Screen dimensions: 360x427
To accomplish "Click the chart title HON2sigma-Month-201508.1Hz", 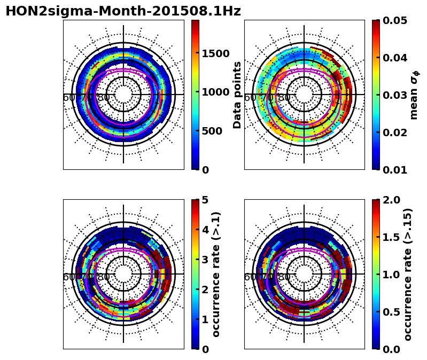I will [x=123, y=11].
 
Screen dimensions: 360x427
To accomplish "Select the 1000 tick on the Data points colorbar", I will [x=215, y=92].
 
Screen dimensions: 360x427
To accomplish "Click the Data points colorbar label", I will [x=237, y=95].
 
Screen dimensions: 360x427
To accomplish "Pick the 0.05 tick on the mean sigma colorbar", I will [x=396, y=20].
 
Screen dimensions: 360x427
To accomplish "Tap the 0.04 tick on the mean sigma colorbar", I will [x=396, y=58].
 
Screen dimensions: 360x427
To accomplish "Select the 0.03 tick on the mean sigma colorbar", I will [x=396, y=95].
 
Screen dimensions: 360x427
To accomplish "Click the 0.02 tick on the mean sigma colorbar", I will [x=396, y=132].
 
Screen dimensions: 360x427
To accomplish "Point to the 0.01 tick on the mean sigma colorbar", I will [x=396, y=170].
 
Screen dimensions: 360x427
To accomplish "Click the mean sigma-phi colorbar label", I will [x=414, y=95].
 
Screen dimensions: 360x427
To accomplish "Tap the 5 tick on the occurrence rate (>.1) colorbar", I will [x=205, y=200].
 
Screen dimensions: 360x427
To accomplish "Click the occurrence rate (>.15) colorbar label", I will [x=409, y=274].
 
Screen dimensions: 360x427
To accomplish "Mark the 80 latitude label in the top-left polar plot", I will [x=104, y=98].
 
